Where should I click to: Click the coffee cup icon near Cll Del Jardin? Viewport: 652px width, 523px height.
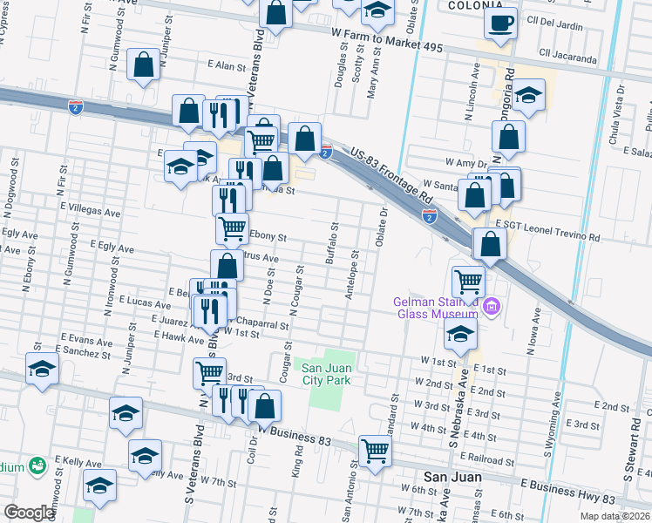501,24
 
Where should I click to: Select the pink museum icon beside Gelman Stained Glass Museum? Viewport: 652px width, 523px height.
491,306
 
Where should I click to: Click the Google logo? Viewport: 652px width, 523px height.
29,513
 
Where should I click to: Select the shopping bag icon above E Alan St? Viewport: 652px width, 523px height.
144,65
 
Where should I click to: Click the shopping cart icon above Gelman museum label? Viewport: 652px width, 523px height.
468,281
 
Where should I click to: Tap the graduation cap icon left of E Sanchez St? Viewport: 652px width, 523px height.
42,369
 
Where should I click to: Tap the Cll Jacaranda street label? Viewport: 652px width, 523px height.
568,60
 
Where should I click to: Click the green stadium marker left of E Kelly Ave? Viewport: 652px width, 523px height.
37,465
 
